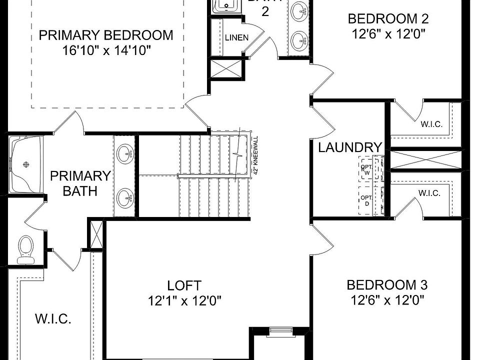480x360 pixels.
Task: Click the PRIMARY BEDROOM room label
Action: click(x=105, y=35)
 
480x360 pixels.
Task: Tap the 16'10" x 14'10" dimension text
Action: click(x=105, y=50)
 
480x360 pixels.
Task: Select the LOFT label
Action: click(x=184, y=286)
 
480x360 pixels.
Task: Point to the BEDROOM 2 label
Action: click(x=388, y=19)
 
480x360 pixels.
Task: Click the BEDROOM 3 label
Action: click(x=387, y=285)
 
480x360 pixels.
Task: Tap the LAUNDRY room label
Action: click(x=350, y=147)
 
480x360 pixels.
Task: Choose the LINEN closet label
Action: click(x=236, y=38)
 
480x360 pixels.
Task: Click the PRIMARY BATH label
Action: click(x=80, y=183)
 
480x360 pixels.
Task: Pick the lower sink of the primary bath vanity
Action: click(x=125, y=198)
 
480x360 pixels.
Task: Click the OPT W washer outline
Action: click(x=367, y=170)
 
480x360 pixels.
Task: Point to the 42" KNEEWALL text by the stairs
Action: click(x=255, y=155)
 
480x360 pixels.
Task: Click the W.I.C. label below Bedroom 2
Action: click(x=431, y=124)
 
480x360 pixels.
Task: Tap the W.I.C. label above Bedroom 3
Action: click(x=429, y=193)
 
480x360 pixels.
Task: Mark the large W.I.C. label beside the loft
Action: click(x=53, y=319)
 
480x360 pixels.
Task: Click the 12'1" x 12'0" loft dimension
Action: click(x=184, y=301)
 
